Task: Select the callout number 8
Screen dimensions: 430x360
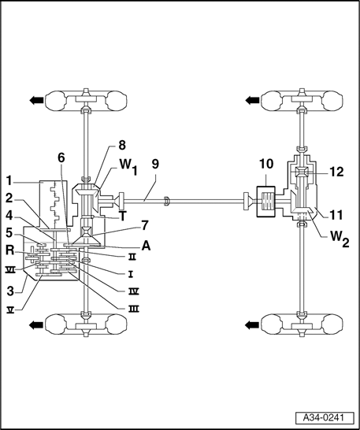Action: (x=122, y=145)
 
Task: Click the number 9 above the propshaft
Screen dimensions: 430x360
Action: (x=156, y=166)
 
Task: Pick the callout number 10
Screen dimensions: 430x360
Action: (x=265, y=166)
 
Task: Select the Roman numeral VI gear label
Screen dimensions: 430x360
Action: (x=11, y=269)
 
